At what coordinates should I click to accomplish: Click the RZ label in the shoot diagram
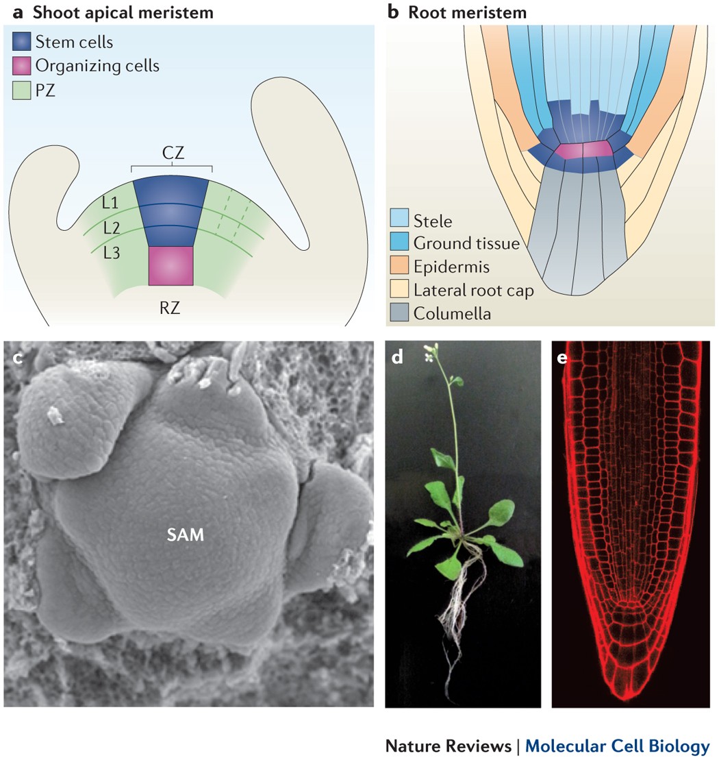click(172, 308)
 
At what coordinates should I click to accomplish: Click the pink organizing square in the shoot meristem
click(171, 266)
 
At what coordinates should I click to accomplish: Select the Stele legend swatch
click(399, 220)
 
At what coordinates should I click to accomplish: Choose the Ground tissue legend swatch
click(399, 243)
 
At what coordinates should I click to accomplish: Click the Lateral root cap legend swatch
click(399, 290)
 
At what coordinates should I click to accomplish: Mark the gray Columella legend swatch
click(399, 314)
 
